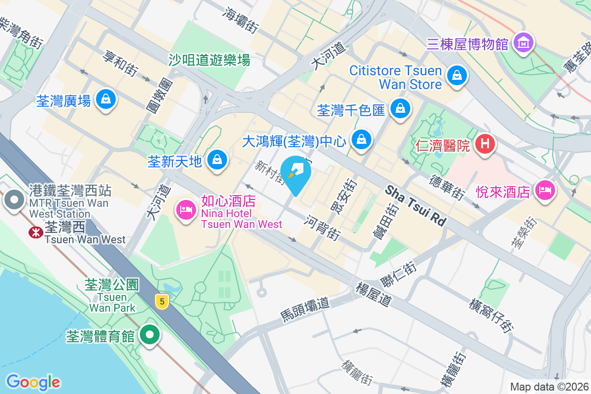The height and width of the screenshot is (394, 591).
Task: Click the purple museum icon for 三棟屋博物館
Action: pyautogui.click(x=523, y=43)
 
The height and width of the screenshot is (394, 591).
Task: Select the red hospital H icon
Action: pyautogui.click(x=485, y=144)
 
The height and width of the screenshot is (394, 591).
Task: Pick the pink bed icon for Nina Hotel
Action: pyautogui.click(x=186, y=210)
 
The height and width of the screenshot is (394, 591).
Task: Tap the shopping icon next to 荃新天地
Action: pyautogui.click(x=216, y=160)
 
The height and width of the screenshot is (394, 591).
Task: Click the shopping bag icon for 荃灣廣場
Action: pyautogui.click(x=105, y=99)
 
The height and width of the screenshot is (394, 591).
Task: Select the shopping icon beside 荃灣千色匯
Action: pyautogui.click(x=400, y=108)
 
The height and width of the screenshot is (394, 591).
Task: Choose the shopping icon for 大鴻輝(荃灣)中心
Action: pyautogui.click(x=362, y=139)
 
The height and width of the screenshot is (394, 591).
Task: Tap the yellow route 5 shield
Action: pyautogui.click(x=161, y=301)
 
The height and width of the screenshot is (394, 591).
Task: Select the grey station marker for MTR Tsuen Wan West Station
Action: pyautogui.click(x=14, y=200)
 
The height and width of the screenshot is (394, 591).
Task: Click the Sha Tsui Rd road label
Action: pyautogui.click(x=416, y=205)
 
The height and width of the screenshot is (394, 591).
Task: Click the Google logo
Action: pyautogui.click(x=33, y=382)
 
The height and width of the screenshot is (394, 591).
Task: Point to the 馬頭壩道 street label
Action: pyautogui.click(x=304, y=309)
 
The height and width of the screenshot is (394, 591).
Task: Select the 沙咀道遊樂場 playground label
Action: pyautogui.click(x=209, y=60)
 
